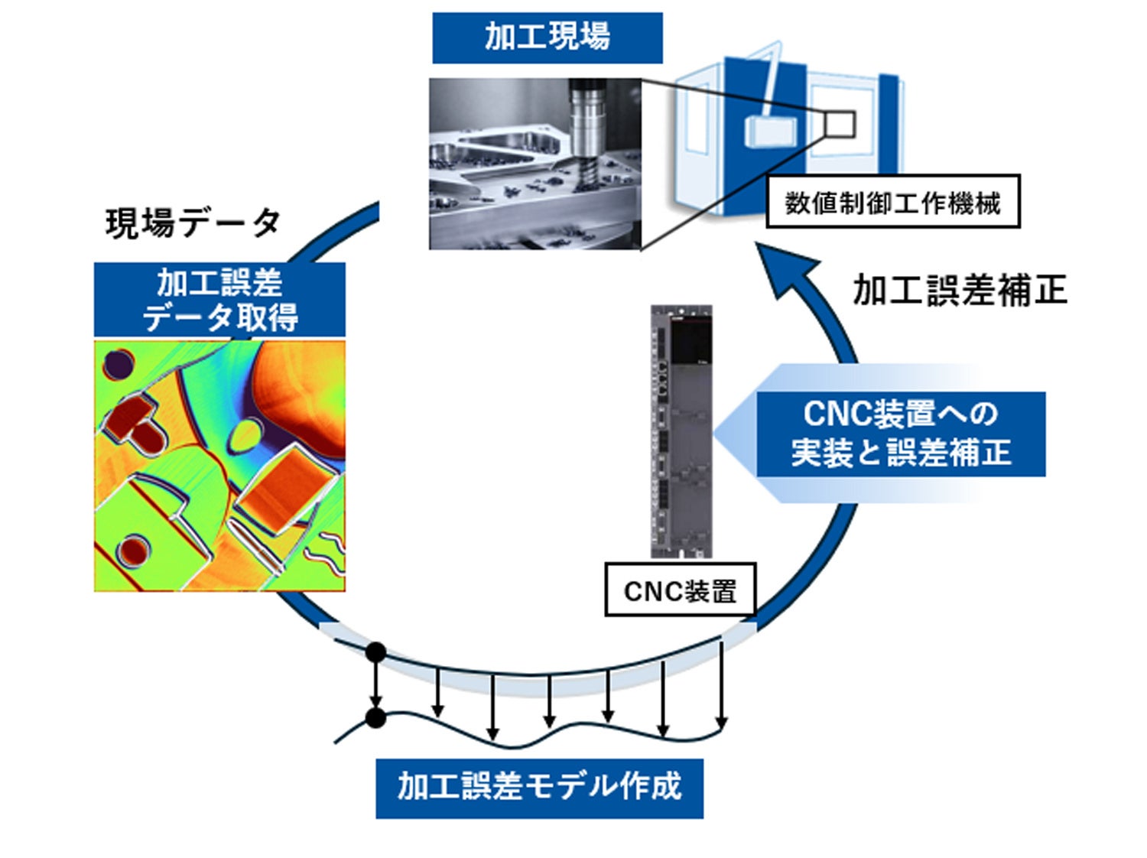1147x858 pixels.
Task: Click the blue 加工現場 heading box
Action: (x=547, y=37)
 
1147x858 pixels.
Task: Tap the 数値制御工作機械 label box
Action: (x=892, y=202)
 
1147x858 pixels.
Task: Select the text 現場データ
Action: (x=193, y=223)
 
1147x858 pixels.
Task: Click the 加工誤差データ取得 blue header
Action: (x=219, y=300)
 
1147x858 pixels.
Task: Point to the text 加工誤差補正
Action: (x=959, y=291)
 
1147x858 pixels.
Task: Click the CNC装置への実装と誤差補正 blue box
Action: (x=900, y=434)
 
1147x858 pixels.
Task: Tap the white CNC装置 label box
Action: (x=680, y=590)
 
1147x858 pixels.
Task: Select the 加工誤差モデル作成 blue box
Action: (x=539, y=788)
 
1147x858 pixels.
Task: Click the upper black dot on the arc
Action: (x=375, y=652)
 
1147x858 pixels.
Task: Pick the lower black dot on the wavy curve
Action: (x=375, y=718)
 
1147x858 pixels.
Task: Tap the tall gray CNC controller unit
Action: (x=681, y=432)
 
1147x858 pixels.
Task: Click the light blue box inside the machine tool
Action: (x=769, y=131)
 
